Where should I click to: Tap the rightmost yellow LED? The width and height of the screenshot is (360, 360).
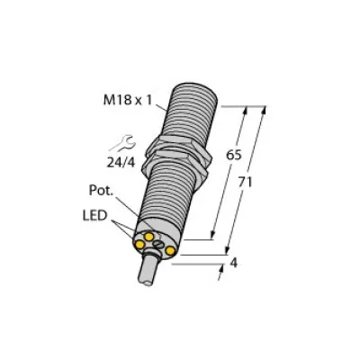(170, 250)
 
